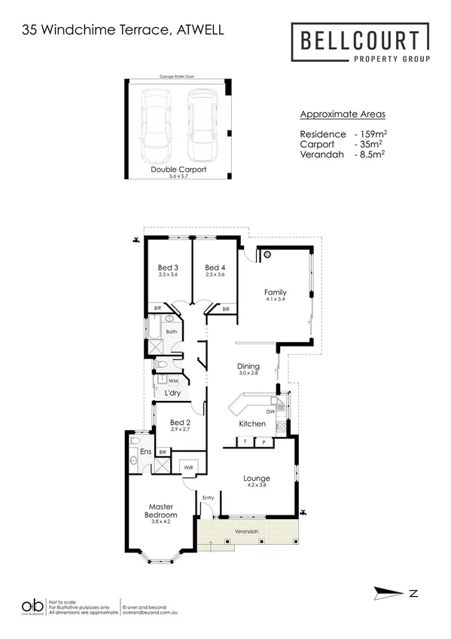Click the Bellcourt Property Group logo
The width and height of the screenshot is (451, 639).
point(361,44)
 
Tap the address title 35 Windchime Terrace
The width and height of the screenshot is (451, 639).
point(123,30)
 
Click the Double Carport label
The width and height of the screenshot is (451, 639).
point(178,170)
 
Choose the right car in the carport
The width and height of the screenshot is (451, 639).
point(201,121)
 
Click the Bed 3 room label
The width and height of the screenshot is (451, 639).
point(168,268)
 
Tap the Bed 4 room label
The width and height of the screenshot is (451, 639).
point(215,268)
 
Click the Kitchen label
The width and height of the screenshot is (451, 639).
point(252,424)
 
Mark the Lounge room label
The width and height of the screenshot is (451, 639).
point(256,478)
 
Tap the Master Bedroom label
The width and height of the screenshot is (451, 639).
point(162,510)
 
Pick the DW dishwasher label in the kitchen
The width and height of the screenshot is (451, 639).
point(270,411)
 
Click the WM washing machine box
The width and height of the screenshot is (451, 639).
point(172,381)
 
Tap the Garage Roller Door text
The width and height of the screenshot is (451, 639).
point(178,77)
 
